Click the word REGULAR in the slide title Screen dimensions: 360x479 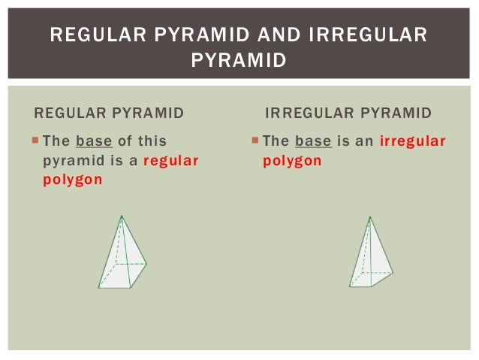(x=91, y=35)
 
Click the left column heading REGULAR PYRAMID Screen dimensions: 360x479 (x=109, y=113)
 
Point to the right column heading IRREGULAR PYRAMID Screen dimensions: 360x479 (x=349, y=113)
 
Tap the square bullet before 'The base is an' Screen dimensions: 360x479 (x=256, y=140)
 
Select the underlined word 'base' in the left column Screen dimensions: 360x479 (x=94, y=141)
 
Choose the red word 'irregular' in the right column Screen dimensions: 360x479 (x=413, y=141)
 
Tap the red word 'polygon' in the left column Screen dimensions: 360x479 (x=72, y=181)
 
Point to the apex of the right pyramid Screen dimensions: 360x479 (x=369, y=217)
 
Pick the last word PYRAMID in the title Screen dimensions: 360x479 (x=239, y=59)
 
